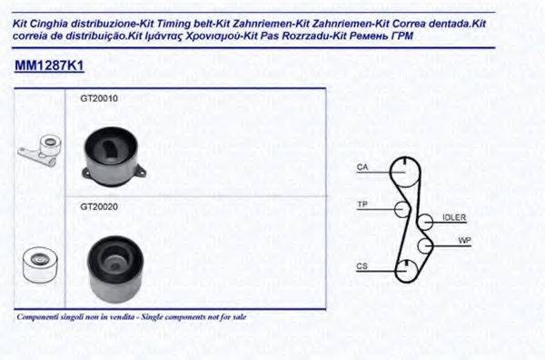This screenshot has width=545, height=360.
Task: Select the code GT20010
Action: (99, 98)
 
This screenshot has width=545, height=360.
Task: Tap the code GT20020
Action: (99, 207)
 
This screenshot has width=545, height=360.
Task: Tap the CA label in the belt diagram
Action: (362, 167)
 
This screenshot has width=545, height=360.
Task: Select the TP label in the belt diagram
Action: (362, 204)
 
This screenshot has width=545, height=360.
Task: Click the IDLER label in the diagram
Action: (453, 218)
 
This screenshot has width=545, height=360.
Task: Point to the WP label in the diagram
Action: (464, 241)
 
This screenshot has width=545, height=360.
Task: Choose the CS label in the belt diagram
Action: (362, 266)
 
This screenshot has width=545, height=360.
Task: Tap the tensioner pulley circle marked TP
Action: (401, 210)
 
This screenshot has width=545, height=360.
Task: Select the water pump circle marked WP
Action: (424, 245)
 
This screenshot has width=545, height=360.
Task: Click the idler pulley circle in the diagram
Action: (424, 222)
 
